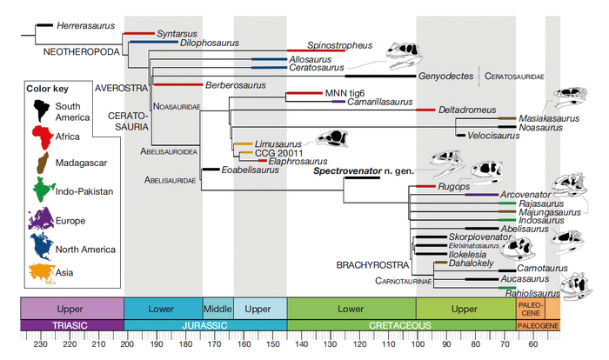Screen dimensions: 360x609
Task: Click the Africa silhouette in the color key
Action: click(x=40, y=137)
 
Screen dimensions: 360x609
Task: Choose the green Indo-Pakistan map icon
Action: click(x=40, y=190)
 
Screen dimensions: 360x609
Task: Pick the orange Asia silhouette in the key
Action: click(x=41, y=270)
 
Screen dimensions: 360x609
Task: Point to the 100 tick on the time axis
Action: click(x=417, y=343)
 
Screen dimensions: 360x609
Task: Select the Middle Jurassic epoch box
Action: click(x=217, y=308)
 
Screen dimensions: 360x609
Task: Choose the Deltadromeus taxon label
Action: click(x=467, y=110)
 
